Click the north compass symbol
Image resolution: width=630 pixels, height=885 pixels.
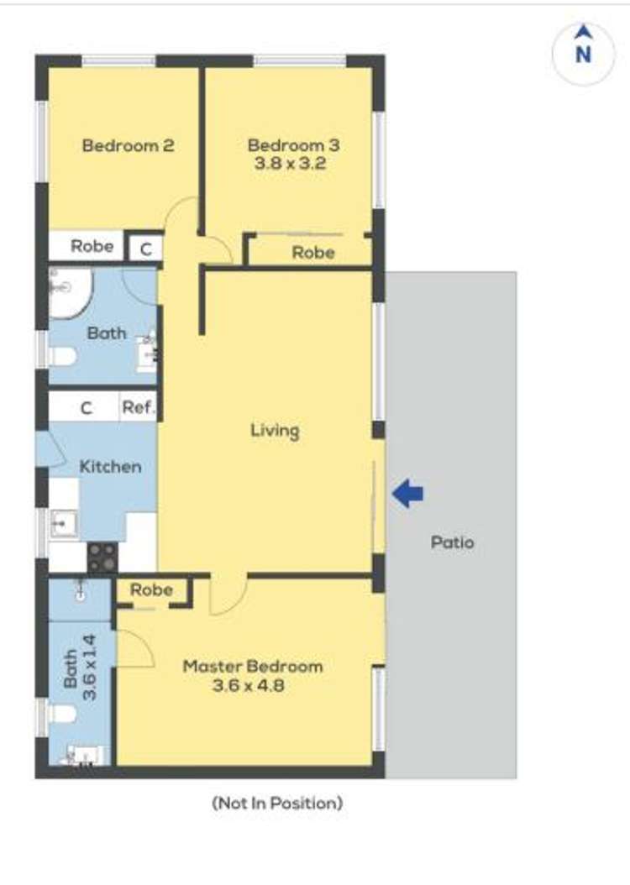[583, 55]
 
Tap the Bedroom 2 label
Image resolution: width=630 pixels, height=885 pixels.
[129, 145]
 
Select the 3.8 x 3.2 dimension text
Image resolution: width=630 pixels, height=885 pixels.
[290, 164]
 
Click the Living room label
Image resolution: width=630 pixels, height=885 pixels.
[275, 432]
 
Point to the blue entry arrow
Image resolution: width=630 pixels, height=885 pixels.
[407, 493]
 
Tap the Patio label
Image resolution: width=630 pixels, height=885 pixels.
[452, 542]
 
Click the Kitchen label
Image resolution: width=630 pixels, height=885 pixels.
[110, 467]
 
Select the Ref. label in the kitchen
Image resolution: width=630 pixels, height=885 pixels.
[139, 407]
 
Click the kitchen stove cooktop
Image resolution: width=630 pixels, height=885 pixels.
[102, 556]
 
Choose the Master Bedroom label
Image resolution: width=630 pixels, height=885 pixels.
[253, 667]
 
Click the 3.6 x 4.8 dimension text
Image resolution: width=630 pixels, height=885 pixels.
[249, 686]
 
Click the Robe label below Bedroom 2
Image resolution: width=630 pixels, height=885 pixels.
[92, 246]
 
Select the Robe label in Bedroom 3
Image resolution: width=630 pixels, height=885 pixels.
[313, 252]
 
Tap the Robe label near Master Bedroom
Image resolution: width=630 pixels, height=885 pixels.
[151, 589]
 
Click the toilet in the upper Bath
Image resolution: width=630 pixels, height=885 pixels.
[63, 357]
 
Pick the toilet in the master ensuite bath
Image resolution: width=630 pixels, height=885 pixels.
[62, 714]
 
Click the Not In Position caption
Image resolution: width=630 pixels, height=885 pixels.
[277, 803]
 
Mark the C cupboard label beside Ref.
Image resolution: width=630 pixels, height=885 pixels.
[87, 407]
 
